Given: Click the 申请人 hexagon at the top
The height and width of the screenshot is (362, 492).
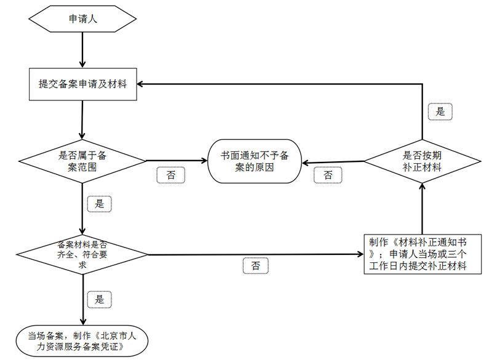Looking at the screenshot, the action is tap(82, 19).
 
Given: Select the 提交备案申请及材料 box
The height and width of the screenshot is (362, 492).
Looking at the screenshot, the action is tap(83, 84).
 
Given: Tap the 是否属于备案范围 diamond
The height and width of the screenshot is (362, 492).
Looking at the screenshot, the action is tap(82, 161).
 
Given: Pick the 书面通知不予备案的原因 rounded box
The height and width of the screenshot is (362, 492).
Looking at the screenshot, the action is tap(255, 161).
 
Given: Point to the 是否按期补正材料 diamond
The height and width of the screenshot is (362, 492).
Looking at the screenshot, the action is tap(423, 161).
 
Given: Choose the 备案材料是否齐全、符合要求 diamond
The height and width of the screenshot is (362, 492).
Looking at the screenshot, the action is tap(82, 254).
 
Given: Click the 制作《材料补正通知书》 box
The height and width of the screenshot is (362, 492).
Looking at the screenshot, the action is tap(423, 254).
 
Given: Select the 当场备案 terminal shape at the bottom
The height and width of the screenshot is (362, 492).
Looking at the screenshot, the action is tap(82, 341).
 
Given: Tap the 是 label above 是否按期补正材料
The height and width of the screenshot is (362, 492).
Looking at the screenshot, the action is tap(440, 111).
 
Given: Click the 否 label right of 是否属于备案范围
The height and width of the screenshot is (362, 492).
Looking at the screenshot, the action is tap(171, 175).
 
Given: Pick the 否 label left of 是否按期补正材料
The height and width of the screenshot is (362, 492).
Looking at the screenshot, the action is tap(328, 175).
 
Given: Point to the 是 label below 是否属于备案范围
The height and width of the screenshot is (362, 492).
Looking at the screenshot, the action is tap(100, 204).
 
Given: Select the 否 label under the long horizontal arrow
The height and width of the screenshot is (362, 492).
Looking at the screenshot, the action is tap(255, 266).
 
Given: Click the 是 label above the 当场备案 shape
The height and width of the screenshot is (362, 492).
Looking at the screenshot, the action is tap(100, 299).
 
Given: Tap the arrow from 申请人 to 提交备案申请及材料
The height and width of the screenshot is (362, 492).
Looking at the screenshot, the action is tap(82, 50).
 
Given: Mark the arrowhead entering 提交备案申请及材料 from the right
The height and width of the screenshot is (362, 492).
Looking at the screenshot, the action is tap(140, 84).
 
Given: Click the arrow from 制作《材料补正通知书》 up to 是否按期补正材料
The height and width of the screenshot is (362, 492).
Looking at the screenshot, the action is tap(423, 209).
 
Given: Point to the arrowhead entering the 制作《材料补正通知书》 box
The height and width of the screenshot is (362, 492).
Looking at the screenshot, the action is tap(360, 254).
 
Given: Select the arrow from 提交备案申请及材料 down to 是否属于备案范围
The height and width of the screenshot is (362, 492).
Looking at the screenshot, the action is tap(82, 119).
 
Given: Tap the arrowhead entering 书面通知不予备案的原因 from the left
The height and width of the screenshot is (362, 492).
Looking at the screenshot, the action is tap(204, 161).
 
